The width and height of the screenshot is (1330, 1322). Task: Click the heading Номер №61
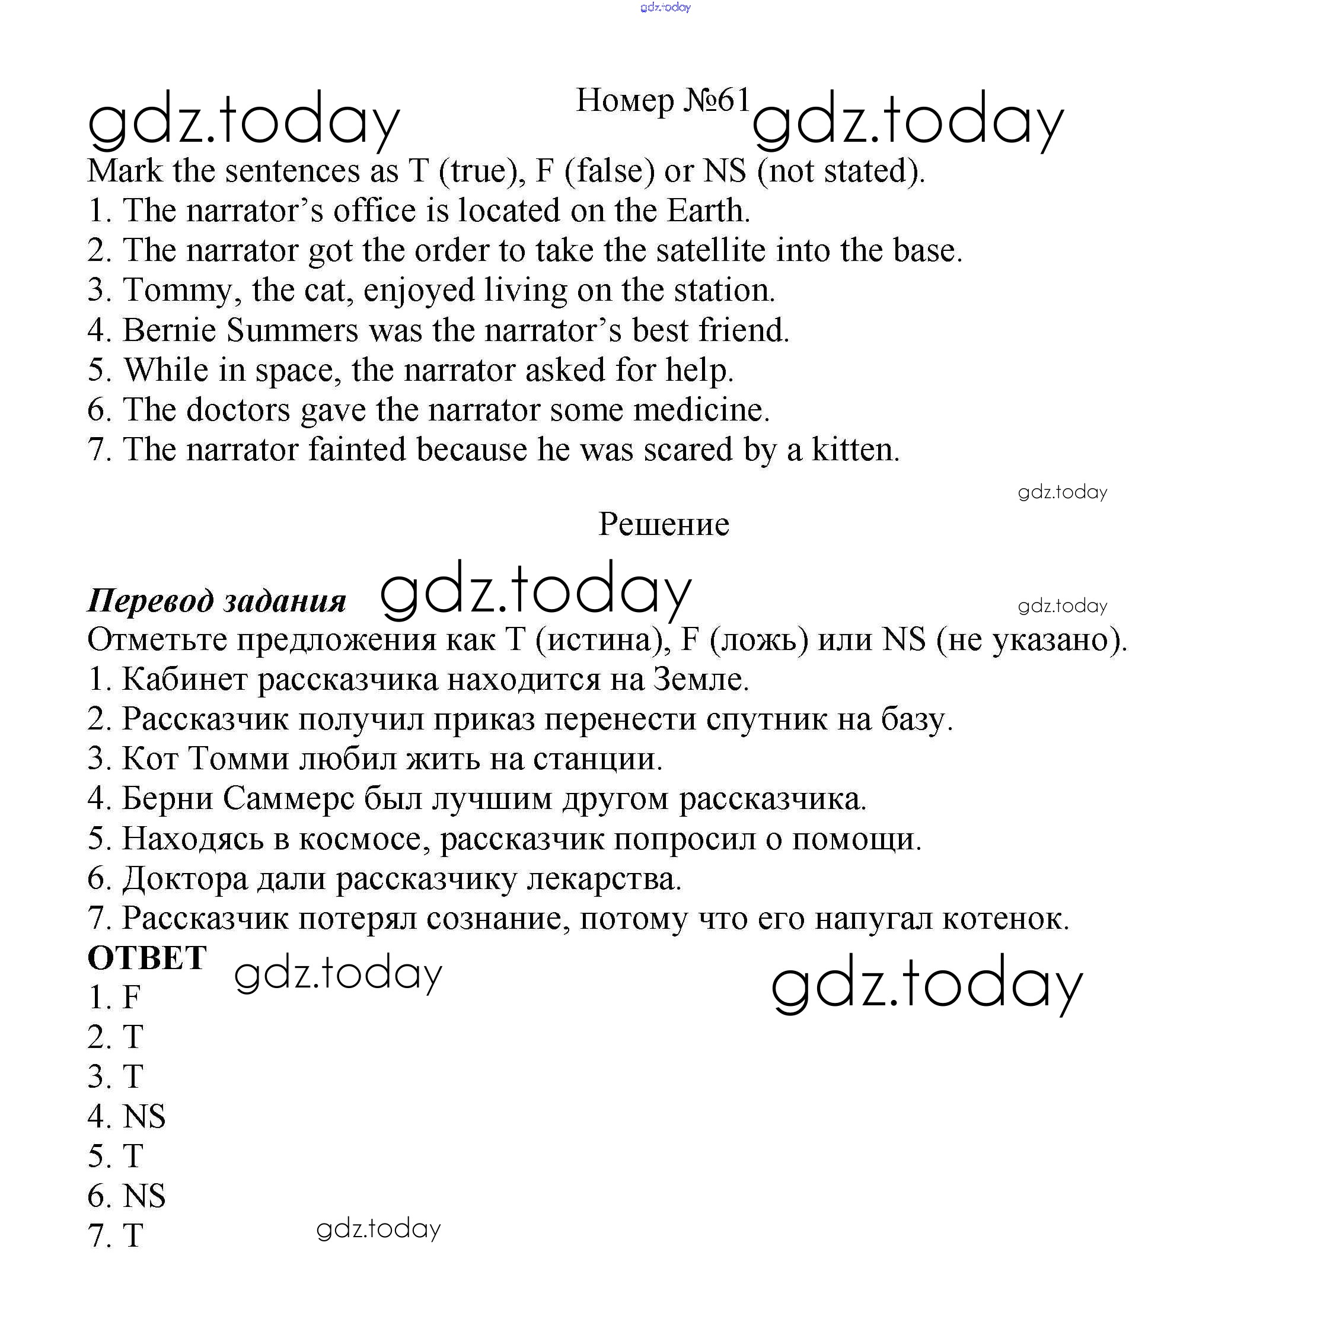click(x=662, y=100)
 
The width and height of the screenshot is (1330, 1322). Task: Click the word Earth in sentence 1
click(x=707, y=210)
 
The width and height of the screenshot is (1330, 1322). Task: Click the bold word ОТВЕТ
click(x=147, y=958)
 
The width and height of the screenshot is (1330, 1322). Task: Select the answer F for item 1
click(x=132, y=997)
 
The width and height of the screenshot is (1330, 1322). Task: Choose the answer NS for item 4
click(x=144, y=1116)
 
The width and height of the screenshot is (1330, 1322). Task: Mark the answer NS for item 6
click(x=144, y=1196)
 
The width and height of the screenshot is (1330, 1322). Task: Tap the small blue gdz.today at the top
click(x=665, y=7)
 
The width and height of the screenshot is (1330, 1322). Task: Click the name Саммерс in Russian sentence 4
click(x=288, y=799)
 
